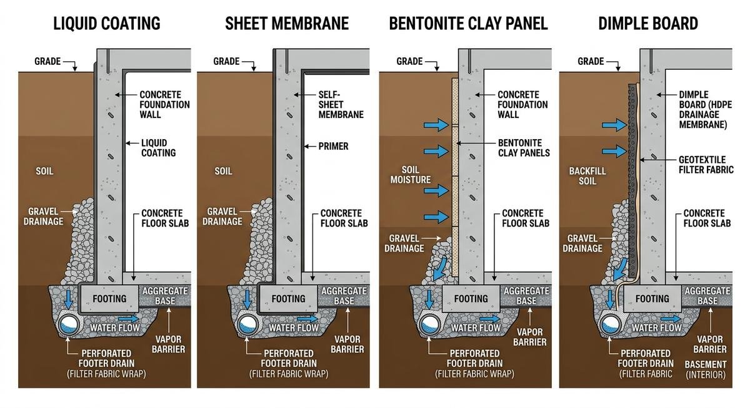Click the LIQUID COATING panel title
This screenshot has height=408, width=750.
click(x=107, y=24)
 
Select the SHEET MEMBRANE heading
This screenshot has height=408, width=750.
click(x=287, y=24)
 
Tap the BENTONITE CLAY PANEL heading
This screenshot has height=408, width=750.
click(x=468, y=24)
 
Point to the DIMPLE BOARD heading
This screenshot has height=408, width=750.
click(x=648, y=24)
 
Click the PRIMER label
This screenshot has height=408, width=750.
click(x=334, y=147)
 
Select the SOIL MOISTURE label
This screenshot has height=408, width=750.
click(x=410, y=175)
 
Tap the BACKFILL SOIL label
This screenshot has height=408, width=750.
click(x=583, y=175)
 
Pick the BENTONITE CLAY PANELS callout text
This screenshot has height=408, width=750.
click(x=524, y=148)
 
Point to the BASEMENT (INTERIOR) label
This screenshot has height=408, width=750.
click(x=706, y=369)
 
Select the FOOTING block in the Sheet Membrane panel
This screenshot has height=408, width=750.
click(x=288, y=299)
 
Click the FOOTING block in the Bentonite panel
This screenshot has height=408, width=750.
click(x=471, y=299)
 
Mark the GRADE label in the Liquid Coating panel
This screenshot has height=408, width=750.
click(x=48, y=61)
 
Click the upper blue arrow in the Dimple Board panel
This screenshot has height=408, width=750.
click(x=614, y=125)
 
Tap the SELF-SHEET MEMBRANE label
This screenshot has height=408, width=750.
click(x=341, y=104)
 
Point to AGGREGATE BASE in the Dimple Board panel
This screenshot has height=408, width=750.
click(x=707, y=296)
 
